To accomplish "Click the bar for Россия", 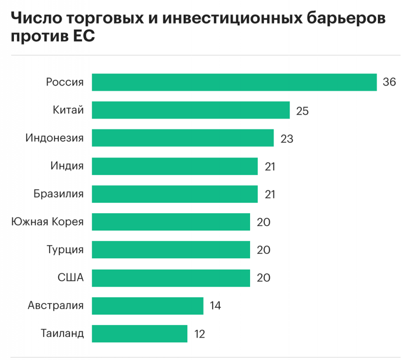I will click(x=234, y=82).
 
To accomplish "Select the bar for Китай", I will click(x=191, y=110).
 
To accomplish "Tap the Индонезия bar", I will click(x=183, y=138).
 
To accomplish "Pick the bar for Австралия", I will click(x=148, y=306).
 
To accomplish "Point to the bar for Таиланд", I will click(x=140, y=334).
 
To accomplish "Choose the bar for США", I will click(x=171, y=278).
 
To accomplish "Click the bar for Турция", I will click(x=171, y=250).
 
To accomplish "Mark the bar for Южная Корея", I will click(x=171, y=222).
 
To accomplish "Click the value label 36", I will click(x=389, y=82).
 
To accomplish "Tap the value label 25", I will click(x=302, y=111).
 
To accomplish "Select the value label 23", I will click(x=287, y=139).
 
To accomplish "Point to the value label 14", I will click(x=215, y=306).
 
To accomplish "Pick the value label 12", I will click(x=199, y=334).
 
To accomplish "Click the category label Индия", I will click(x=67, y=166).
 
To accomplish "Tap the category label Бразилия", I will click(x=58, y=194).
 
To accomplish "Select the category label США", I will click(x=71, y=278).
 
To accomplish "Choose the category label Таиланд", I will click(x=62, y=334).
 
